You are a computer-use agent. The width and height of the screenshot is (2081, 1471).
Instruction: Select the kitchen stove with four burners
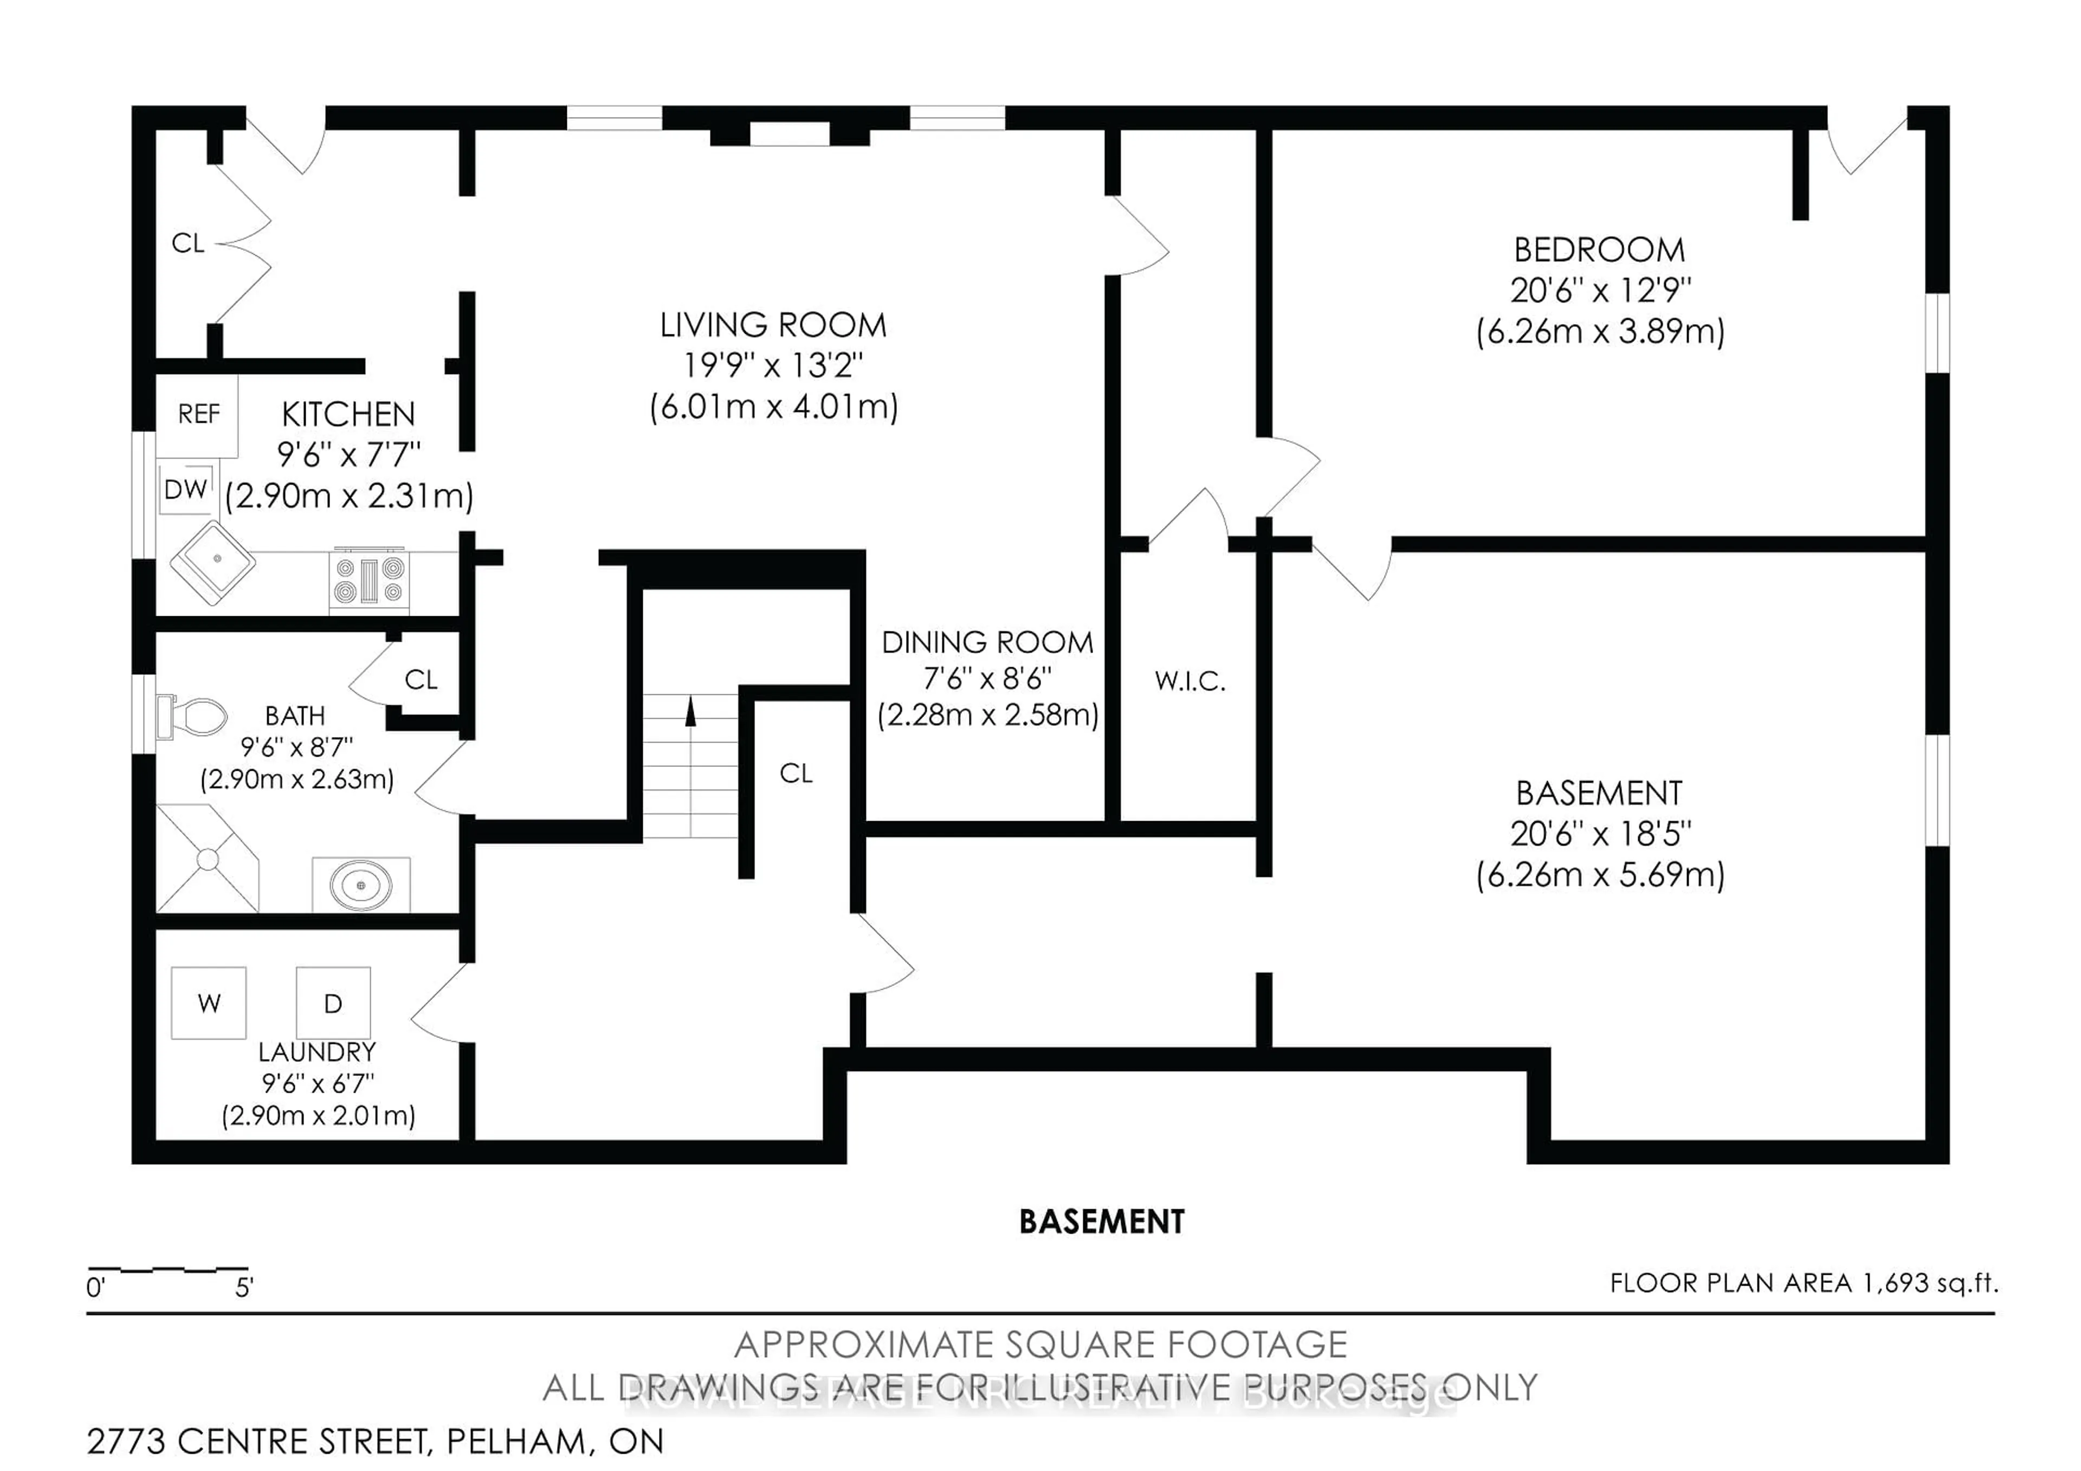[370, 580]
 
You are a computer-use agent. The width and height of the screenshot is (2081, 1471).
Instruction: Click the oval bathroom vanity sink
[361, 883]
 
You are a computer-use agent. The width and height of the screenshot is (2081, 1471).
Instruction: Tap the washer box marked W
[209, 1003]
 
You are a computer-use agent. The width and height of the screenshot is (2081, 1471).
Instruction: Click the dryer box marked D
[333, 1003]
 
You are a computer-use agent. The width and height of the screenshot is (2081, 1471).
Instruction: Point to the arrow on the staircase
[690, 712]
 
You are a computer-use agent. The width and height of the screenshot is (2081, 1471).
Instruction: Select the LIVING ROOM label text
[773, 325]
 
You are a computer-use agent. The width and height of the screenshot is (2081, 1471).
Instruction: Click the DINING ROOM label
[987, 643]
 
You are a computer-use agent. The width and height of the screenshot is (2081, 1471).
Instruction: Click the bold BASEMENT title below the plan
[1101, 1222]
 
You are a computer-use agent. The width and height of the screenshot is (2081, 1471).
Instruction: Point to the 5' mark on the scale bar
[244, 1288]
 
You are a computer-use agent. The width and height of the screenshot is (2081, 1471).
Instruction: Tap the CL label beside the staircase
[796, 773]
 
